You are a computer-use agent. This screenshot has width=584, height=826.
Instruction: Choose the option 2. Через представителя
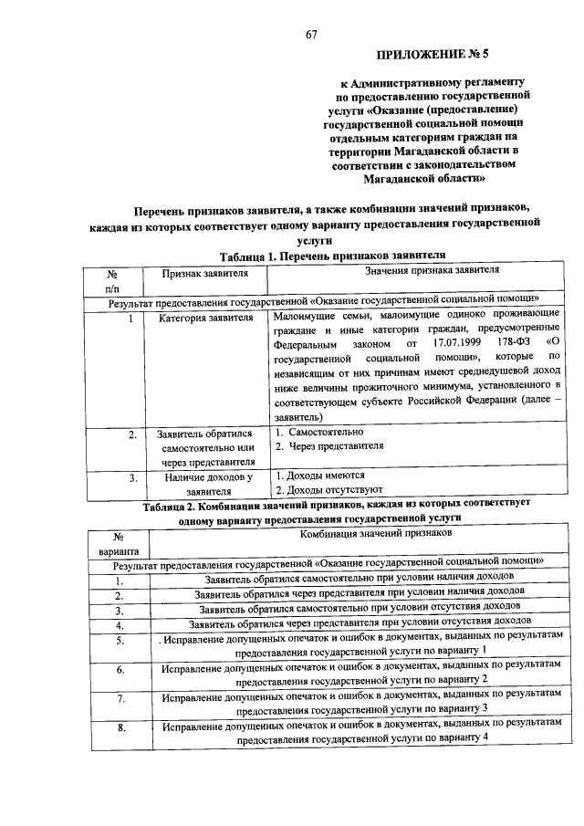click(329, 446)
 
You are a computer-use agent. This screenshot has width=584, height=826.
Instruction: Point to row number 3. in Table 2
click(119, 610)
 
